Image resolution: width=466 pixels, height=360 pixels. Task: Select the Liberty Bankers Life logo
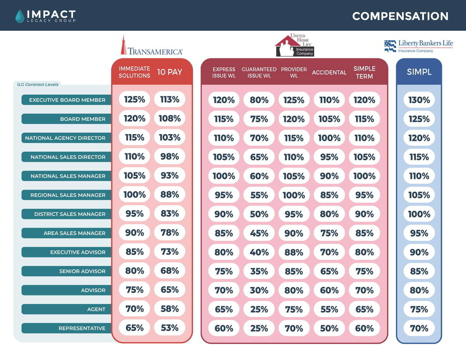click(418, 46)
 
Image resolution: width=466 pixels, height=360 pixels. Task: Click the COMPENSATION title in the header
click(400, 16)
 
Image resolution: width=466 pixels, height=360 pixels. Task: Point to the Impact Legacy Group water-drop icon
click(19, 16)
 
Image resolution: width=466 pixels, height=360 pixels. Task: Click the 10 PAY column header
click(170, 72)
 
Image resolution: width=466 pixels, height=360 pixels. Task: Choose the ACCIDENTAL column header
click(329, 72)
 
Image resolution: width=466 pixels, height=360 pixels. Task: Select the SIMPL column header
click(419, 72)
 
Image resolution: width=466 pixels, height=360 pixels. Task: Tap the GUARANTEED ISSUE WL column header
click(259, 72)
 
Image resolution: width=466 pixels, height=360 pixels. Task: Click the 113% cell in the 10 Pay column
click(170, 99)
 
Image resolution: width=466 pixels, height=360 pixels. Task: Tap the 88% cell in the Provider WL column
click(294, 252)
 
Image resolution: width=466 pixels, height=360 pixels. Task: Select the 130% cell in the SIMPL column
click(419, 100)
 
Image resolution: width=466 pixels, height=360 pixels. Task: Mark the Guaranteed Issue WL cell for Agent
click(259, 310)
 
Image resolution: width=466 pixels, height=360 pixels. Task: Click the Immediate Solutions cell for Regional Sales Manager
click(134, 194)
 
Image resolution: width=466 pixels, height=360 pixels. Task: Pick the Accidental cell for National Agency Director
click(329, 138)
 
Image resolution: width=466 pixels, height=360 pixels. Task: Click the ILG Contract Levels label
click(38, 84)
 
